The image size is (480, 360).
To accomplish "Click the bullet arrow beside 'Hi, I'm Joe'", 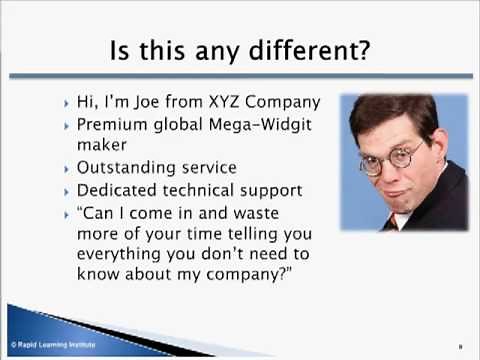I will coord(66,103).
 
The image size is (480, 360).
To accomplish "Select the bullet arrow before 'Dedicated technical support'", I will coord(66,191).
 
